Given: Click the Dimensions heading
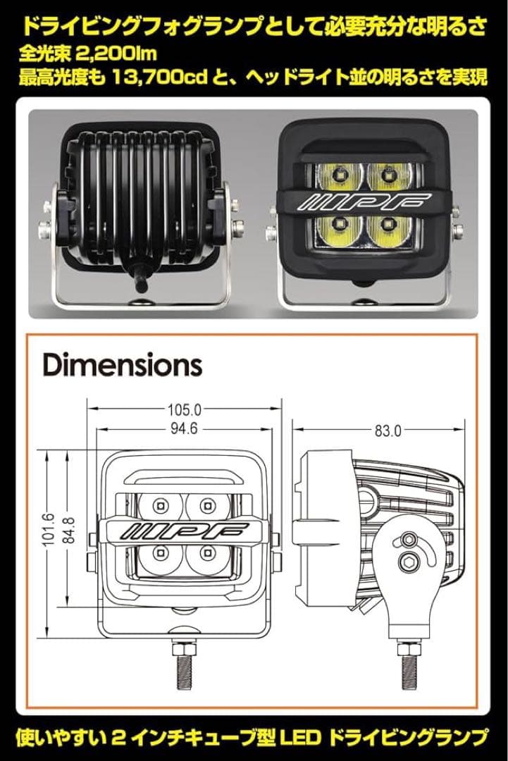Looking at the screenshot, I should pos(123,365).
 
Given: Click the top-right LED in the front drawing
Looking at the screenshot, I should pos(206,505).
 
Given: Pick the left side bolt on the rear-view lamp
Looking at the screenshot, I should pos(44,228).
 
